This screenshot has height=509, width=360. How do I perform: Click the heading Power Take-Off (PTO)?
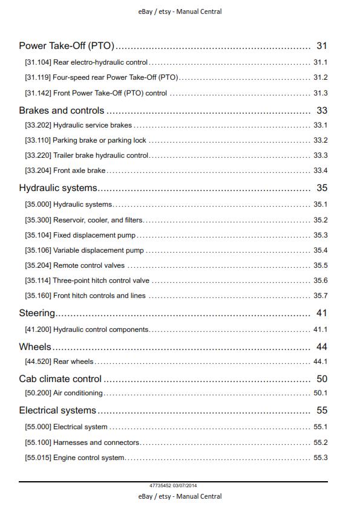(x=67, y=46)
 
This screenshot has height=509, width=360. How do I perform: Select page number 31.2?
(x=320, y=78)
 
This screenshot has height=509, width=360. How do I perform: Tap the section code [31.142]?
(x=38, y=93)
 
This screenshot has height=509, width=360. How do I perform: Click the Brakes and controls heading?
(x=61, y=111)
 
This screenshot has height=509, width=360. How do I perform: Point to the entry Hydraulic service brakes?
(x=93, y=125)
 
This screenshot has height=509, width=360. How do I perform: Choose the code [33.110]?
(x=38, y=140)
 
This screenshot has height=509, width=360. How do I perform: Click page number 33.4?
(x=320, y=171)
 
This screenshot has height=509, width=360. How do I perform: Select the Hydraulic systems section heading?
(x=58, y=189)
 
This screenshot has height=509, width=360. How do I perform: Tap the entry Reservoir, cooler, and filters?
(x=98, y=220)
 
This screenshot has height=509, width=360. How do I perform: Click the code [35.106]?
(x=38, y=250)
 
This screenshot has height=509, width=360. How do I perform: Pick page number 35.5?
(x=320, y=265)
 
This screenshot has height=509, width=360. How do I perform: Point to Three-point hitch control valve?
(x=101, y=280)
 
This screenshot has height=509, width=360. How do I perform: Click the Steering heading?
(x=37, y=313)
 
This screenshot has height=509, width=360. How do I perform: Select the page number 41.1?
(x=320, y=329)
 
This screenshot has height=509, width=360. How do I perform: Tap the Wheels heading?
(x=35, y=347)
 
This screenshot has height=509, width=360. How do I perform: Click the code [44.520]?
(x=38, y=361)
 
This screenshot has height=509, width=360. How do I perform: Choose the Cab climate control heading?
(x=60, y=379)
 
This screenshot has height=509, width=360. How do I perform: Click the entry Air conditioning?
(x=78, y=393)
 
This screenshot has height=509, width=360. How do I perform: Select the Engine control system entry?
(x=89, y=458)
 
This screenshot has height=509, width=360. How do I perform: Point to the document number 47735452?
(x=160, y=486)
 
